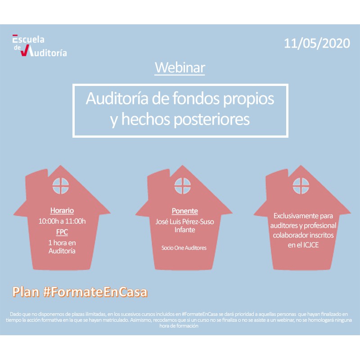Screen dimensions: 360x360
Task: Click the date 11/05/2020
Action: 317,43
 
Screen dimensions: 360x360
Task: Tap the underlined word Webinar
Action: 180,67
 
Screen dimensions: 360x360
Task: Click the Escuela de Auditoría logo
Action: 40,45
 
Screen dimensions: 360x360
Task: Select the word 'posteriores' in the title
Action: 211,119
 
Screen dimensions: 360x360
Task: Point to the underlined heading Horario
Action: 62,211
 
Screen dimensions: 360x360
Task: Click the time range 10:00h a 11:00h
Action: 62,221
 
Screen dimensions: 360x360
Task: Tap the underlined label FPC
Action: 62,232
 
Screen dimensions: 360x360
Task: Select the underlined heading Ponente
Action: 185,211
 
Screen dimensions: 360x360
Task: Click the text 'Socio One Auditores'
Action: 184,248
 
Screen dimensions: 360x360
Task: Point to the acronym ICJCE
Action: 311,245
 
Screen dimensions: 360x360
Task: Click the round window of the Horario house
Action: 61,186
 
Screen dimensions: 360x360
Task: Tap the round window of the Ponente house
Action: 183,186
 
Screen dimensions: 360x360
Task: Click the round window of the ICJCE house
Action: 301,186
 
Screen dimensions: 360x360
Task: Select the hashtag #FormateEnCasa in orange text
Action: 95,292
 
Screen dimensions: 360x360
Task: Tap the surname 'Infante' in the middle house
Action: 185,230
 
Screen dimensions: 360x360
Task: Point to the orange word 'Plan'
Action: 26,292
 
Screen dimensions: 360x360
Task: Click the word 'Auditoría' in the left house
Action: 62,251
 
